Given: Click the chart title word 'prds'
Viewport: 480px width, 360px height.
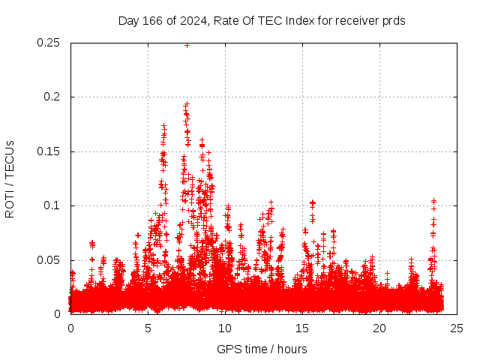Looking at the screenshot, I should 394,21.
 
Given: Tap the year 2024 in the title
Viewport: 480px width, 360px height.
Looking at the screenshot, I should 193,21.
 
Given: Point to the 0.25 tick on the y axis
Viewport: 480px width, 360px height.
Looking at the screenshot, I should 49,43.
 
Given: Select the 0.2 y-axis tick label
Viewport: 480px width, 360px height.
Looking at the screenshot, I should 53,97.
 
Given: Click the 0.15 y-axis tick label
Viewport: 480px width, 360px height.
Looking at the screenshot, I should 49,151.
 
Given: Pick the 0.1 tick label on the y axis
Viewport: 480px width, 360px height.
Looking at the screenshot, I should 53,205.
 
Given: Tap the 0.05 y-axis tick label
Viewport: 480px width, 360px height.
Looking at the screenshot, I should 49,260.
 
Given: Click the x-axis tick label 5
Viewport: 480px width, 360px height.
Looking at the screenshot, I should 148,328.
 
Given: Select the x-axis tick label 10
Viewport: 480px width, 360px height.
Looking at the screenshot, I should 225,328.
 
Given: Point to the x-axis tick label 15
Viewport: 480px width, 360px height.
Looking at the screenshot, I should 302,328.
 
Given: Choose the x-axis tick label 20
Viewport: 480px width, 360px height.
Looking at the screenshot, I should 379,328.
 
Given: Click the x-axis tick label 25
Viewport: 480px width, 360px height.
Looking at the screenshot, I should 457,328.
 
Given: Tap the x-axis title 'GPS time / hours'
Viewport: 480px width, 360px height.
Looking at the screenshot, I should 262,349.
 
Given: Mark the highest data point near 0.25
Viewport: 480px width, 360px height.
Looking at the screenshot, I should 187,45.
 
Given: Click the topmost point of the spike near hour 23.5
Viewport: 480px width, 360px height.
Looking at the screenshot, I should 433,200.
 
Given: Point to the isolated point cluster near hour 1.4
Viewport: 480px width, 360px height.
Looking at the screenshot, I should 92,244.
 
